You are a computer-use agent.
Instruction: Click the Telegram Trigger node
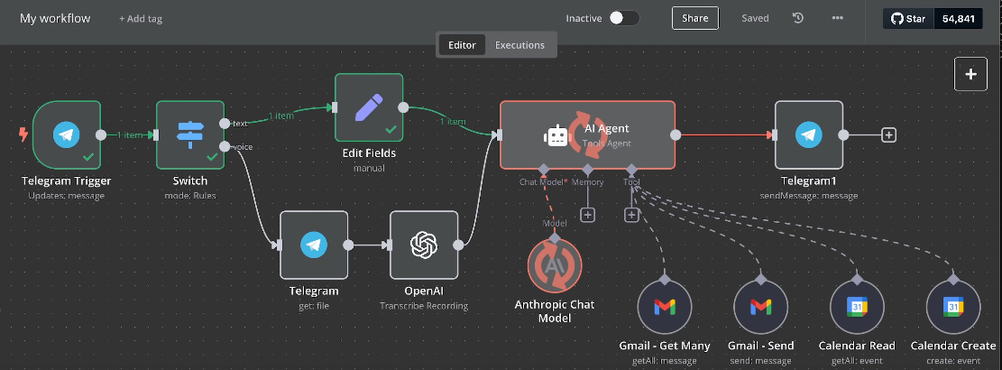(x=64, y=135)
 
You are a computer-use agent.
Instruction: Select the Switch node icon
(x=189, y=135)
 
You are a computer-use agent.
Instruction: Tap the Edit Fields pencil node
(x=368, y=108)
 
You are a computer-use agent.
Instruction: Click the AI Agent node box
(x=587, y=135)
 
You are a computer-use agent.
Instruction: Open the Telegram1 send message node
(x=808, y=135)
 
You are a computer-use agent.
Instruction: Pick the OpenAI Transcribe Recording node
(x=423, y=245)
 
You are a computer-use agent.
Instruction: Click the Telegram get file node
(x=313, y=245)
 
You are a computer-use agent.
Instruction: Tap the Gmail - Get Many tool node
(x=664, y=307)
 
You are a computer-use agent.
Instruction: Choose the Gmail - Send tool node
(x=760, y=307)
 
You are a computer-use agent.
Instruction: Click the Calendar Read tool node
(x=857, y=307)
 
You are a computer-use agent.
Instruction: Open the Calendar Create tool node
(x=953, y=307)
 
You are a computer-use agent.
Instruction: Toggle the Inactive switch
(x=623, y=18)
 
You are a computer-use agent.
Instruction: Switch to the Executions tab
(x=519, y=45)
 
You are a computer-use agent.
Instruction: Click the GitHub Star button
(x=909, y=18)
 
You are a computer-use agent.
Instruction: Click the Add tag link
(x=141, y=19)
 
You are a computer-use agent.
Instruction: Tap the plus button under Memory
(x=588, y=215)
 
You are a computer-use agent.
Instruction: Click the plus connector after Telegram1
(x=888, y=135)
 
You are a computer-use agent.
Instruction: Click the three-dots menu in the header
(x=838, y=18)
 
